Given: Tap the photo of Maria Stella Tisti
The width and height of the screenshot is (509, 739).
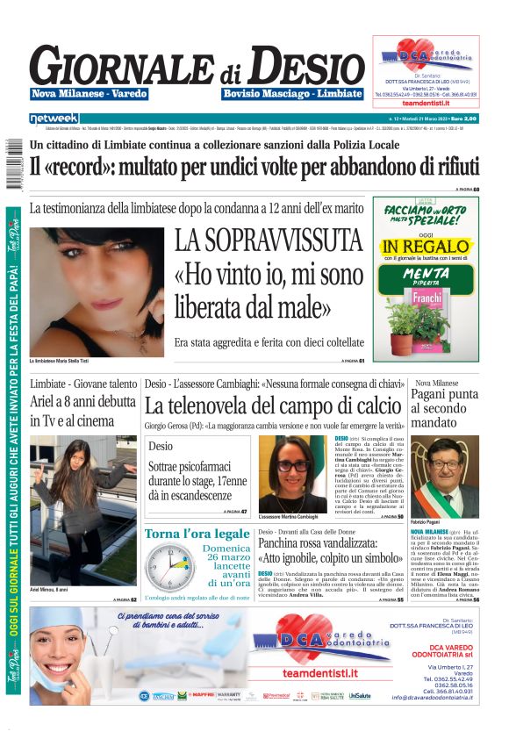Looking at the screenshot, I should pos(96,290).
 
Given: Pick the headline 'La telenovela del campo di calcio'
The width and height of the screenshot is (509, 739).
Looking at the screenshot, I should pos(273,405).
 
